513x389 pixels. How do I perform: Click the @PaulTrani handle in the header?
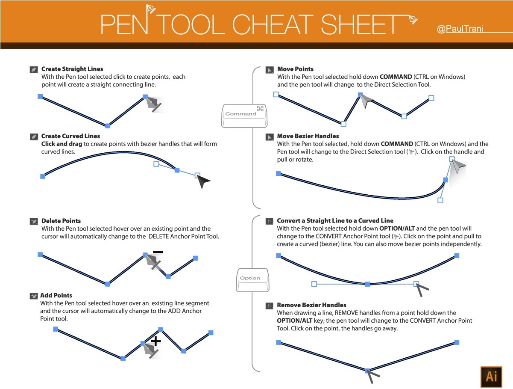click(460, 30)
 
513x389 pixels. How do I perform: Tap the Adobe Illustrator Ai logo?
click(491, 376)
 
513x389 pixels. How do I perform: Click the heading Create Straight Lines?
click(72, 69)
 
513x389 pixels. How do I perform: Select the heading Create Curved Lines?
click(70, 136)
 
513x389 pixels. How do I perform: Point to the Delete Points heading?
click(61, 221)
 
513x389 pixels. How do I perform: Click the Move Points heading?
click(295, 69)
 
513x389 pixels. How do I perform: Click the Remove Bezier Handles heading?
click(311, 305)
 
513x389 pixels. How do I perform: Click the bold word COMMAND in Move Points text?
click(396, 77)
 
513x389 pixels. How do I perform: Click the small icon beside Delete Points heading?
click(34, 222)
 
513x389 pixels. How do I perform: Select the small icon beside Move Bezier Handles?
click(270, 137)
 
